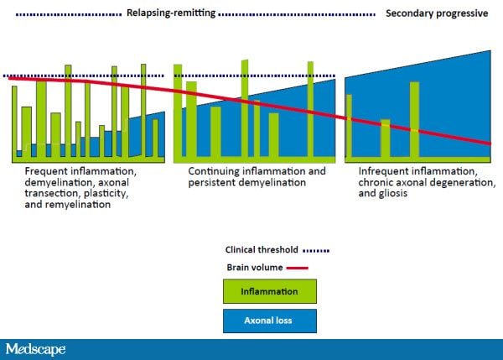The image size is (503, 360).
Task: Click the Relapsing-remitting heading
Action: point(171,13)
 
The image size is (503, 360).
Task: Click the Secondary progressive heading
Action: point(436,13)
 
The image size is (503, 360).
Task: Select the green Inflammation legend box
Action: point(269,291)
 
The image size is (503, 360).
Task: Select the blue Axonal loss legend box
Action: point(269,321)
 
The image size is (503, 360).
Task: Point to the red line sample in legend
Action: point(298,268)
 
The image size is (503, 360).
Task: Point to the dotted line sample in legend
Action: point(315,250)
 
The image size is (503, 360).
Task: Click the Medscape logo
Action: point(35,348)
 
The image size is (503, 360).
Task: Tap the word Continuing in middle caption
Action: point(210,171)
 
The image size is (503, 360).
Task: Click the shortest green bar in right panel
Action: point(385,138)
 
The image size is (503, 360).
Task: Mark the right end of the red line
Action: point(490,143)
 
